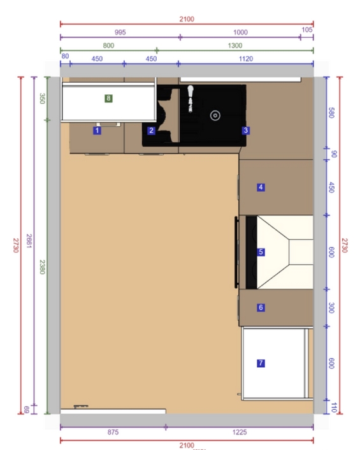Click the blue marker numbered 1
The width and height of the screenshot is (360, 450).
tap(97, 131)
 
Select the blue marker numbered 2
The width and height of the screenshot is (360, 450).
tap(151, 131)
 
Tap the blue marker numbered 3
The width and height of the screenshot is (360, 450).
tap(245, 131)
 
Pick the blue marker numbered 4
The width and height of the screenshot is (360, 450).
tap(261, 187)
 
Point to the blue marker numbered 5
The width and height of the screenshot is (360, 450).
tap(261, 252)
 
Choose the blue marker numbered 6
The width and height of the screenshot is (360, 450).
tap(261, 308)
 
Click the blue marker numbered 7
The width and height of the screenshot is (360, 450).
tap(261, 363)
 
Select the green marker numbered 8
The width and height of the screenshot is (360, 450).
tap(108, 98)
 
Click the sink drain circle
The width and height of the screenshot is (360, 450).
tap(215, 115)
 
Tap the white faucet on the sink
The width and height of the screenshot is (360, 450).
tap(190, 98)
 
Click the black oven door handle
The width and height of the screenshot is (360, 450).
tap(236, 252)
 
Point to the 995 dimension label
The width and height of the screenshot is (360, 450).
tap(120, 32)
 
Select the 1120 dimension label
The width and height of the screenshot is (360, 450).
tap(246, 59)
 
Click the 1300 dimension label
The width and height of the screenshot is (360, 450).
tap(235, 46)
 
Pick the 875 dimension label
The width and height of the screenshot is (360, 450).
tap(113, 432)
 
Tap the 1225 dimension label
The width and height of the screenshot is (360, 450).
tap(240, 432)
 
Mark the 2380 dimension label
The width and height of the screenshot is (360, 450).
tap(42, 267)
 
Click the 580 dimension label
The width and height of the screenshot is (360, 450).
tap(331, 112)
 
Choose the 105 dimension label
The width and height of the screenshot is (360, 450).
tap(307, 30)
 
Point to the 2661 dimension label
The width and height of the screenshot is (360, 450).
tap(29, 241)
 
